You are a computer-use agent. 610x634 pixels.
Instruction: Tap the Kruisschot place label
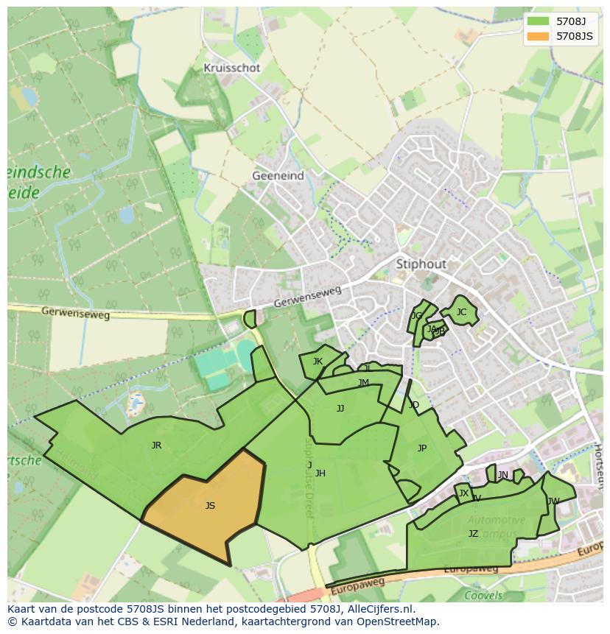pyautogui.click(x=232, y=68)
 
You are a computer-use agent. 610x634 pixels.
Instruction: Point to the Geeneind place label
pyautogui.click(x=277, y=176)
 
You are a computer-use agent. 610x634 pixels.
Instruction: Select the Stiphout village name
pyautogui.click(x=421, y=264)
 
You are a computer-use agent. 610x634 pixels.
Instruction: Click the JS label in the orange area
pyautogui.click(x=210, y=505)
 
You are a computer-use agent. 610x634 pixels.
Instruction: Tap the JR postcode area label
pyautogui.click(x=156, y=445)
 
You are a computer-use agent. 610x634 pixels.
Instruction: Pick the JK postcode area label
pyautogui.click(x=318, y=362)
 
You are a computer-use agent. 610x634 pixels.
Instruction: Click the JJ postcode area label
pyautogui.click(x=340, y=409)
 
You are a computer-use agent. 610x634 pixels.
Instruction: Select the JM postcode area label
pyautogui.click(x=363, y=383)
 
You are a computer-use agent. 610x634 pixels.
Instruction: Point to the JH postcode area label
pyautogui.click(x=320, y=473)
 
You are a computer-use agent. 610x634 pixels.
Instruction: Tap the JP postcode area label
pyautogui.click(x=422, y=448)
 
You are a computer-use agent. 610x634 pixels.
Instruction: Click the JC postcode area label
pyautogui.click(x=461, y=312)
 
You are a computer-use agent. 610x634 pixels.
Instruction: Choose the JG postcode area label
pyautogui.click(x=417, y=316)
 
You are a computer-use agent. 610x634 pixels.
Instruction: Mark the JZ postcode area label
pyautogui.click(x=473, y=534)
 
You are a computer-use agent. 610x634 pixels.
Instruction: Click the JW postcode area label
pyautogui.click(x=553, y=501)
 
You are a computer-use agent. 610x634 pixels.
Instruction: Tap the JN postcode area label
pyautogui.click(x=503, y=475)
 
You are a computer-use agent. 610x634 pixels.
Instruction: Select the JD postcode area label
pyautogui.click(x=414, y=405)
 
